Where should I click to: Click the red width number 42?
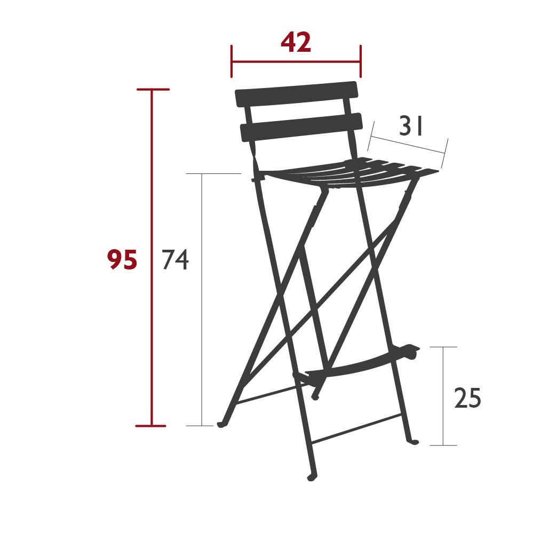[296, 43]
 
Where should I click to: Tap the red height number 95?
[122, 260]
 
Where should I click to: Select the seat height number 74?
[175, 260]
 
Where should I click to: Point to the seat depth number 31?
[411, 127]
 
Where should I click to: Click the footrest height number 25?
[467, 399]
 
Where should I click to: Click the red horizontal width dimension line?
[296, 61]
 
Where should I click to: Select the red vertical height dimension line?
[152, 320]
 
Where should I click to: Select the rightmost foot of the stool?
[414, 441]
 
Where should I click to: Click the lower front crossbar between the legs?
[356, 428]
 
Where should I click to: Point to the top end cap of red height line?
[152, 89]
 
